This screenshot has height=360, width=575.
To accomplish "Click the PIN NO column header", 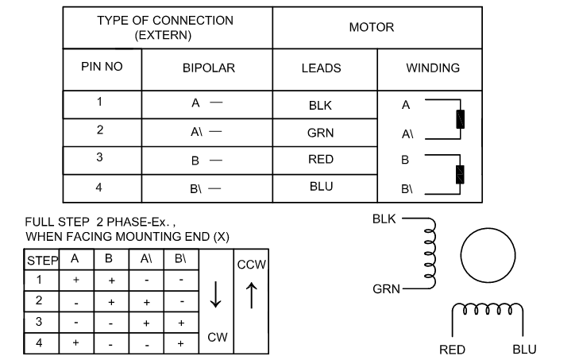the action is pyautogui.click(x=102, y=67).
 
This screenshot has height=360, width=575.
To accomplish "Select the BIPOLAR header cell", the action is pyautogui.click(x=209, y=68).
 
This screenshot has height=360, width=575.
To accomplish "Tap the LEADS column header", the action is pyautogui.click(x=321, y=68).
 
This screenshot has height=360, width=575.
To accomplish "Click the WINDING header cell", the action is pyautogui.click(x=433, y=68).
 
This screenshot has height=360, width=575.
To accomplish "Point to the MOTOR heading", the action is pyautogui.click(x=372, y=27).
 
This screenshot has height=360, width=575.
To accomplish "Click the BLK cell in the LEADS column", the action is pyautogui.click(x=320, y=106).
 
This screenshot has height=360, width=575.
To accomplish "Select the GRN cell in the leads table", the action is pyautogui.click(x=321, y=133).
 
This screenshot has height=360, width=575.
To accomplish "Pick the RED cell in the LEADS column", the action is pyautogui.click(x=321, y=159).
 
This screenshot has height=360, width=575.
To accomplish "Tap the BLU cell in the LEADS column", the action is pyautogui.click(x=321, y=187).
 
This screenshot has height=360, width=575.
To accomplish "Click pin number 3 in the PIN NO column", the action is pyautogui.click(x=99, y=157).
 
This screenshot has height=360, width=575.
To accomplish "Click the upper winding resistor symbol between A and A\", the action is pyautogui.click(x=460, y=119).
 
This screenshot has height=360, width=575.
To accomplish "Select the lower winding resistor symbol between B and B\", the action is pyautogui.click(x=460, y=174).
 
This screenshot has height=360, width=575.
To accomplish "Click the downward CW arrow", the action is pyautogui.click(x=216, y=294).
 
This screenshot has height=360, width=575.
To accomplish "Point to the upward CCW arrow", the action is pyautogui.click(x=252, y=295).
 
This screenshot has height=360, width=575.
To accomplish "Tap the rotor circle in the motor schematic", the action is pyautogui.click(x=488, y=229).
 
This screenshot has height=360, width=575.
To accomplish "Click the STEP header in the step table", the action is pyautogui.click(x=43, y=261).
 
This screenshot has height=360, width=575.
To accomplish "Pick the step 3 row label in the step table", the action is pyautogui.click(x=39, y=322).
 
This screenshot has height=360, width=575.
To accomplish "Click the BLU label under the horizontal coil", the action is pyautogui.click(x=524, y=350).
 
